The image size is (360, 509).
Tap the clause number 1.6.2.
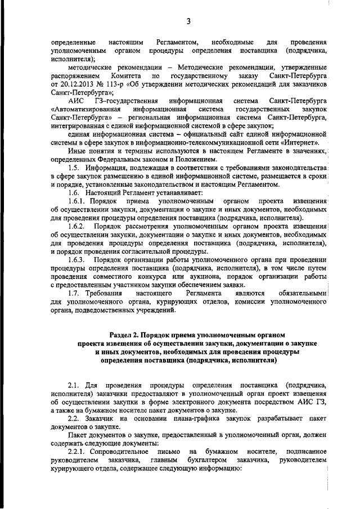point(79,226)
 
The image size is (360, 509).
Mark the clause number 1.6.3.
point(79,259)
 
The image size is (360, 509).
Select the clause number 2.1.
point(75,385)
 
